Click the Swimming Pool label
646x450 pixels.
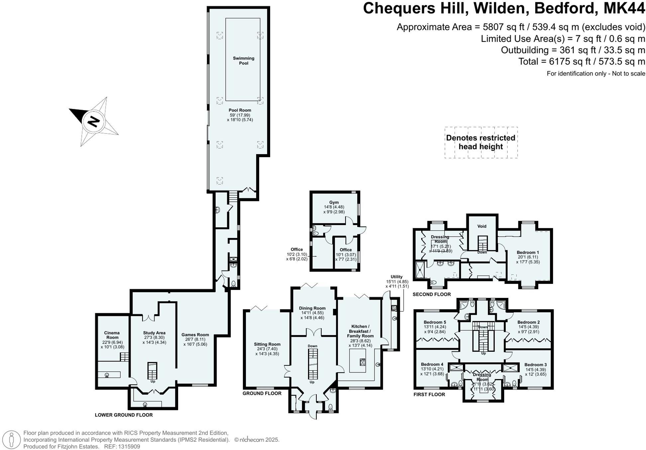click(x=244, y=61)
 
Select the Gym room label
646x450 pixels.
click(x=334, y=202)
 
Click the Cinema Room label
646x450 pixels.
click(x=112, y=335)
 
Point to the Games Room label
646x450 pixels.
click(x=195, y=335)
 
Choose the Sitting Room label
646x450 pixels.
click(x=267, y=344)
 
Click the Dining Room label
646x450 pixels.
click(x=312, y=308)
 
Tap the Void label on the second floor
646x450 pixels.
click(x=482, y=226)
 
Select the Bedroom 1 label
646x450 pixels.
click(x=528, y=252)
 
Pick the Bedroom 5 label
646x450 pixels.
click(x=435, y=322)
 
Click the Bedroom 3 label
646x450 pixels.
click(x=536, y=365)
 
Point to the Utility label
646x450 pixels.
click(x=396, y=277)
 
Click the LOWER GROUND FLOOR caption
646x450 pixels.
click(x=124, y=415)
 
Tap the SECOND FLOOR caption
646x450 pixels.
click(x=432, y=294)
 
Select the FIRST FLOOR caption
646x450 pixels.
click(x=429, y=394)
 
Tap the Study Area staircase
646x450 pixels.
click(x=152, y=370)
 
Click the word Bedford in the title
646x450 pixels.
click(x=564, y=8)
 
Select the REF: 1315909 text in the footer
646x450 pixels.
click(x=122, y=447)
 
